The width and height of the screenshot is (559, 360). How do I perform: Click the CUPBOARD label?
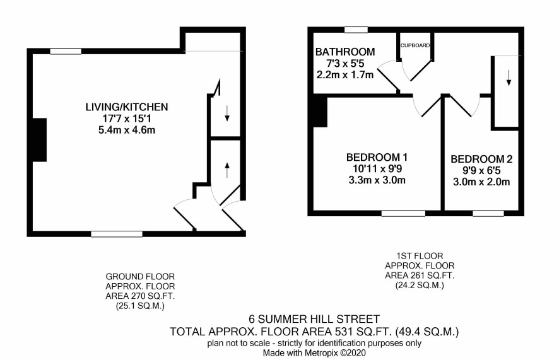(x=415, y=45)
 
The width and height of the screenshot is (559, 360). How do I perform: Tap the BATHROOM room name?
(x=345, y=52)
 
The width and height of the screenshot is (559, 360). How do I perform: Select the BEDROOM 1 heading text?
(x=377, y=157)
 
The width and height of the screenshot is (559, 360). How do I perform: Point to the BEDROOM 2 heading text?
(x=481, y=159)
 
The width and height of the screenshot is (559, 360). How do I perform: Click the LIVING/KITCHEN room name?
(x=127, y=107)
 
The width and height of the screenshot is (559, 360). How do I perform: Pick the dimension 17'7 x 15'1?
(x=127, y=119)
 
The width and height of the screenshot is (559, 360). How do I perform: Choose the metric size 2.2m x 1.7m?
(x=345, y=75)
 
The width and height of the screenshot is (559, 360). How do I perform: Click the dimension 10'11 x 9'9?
(x=377, y=168)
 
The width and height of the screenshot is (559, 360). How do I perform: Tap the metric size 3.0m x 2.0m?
(x=481, y=182)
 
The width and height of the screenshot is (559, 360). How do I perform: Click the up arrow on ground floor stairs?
(x=227, y=170)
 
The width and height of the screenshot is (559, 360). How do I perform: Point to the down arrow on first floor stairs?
(x=509, y=78)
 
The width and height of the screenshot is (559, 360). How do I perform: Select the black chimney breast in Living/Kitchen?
(x=39, y=140)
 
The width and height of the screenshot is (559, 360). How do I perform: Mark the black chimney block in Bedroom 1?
(x=320, y=112)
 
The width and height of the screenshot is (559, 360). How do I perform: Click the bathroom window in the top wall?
(x=356, y=30)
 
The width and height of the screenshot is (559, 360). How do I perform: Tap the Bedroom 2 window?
(x=488, y=213)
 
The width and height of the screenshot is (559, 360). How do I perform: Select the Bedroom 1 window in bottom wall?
(x=403, y=213)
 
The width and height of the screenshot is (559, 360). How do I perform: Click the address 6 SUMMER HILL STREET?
(x=314, y=318)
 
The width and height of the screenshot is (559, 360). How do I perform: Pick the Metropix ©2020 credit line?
(x=314, y=353)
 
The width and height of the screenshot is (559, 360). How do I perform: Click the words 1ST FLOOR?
(x=420, y=256)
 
